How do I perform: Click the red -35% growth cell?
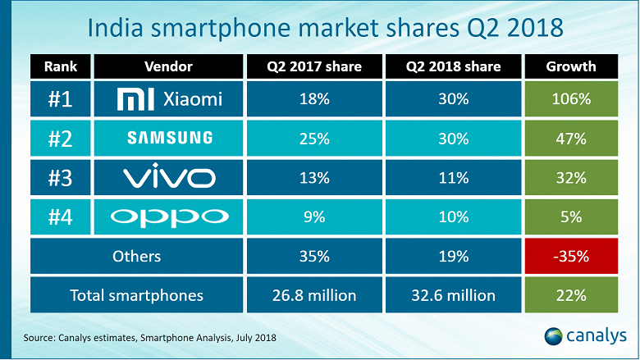pyautogui.click(x=569, y=256)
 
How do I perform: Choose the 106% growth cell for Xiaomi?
pyautogui.click(x=569, y=100)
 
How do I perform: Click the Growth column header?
pyautogui.click(x=569, y=66)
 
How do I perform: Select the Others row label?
pyautogui.click(x=137, y=256)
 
